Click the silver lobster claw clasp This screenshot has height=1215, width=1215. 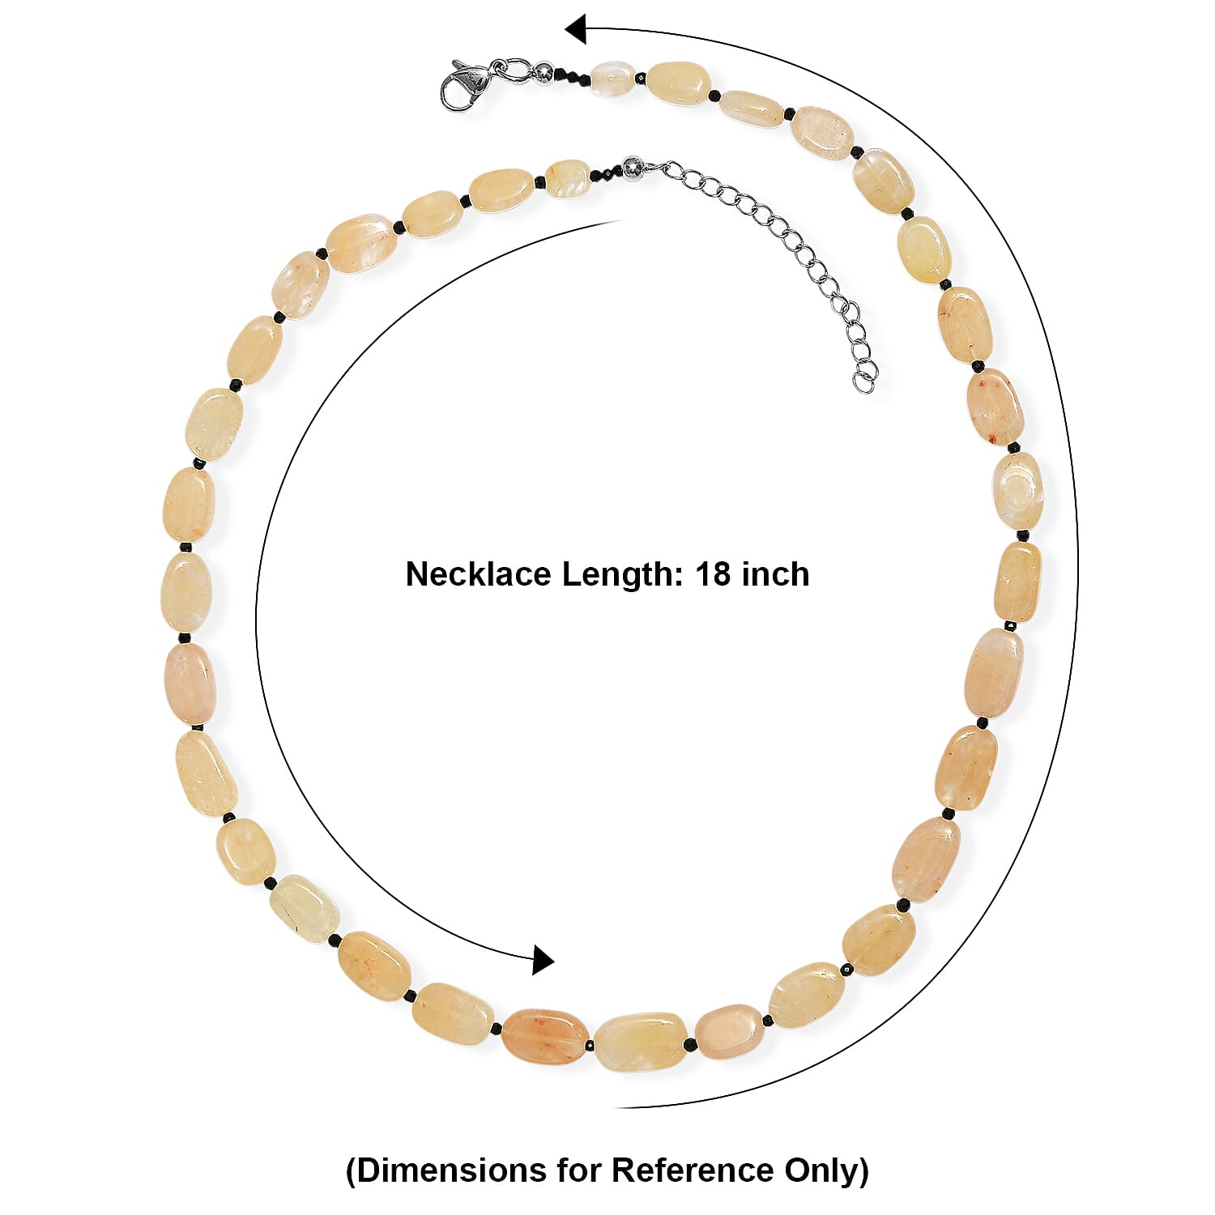pos(465,84)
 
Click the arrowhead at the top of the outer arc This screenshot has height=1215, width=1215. pos(575,30)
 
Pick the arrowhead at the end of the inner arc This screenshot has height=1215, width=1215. pos(543,960)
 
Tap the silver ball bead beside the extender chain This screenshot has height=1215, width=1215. pos(632,170)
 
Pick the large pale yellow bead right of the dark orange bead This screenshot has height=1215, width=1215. pos(641,1041)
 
